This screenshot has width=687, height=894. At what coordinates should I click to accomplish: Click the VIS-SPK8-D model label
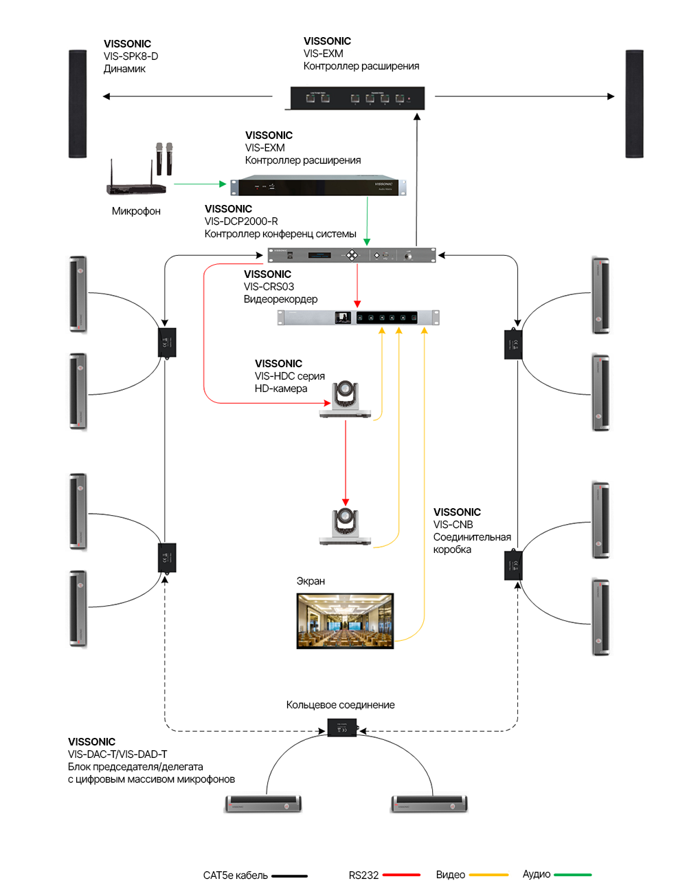click(x=131, y=56)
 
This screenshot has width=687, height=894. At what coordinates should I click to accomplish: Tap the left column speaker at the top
click(x=78, y=104)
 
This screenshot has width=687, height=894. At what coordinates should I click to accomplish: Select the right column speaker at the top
click(x=634, y=104)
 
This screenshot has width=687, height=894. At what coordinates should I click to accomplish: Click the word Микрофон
click(x=136, y=211)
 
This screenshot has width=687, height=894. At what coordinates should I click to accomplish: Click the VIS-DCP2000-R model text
click(x=241, y=221)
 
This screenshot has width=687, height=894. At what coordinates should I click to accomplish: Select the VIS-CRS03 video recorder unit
click(x=358, y=318)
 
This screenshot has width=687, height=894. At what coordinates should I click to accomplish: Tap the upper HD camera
click(x=345, y=400)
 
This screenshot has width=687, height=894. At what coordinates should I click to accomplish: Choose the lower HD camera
click(x=345, y=527)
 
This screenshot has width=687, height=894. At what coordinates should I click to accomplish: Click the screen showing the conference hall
click(x=345, y=621)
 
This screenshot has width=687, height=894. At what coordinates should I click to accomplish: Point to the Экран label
click(x=311, y=581)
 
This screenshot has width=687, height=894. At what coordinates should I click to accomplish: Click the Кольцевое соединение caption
click(x=340, y=705)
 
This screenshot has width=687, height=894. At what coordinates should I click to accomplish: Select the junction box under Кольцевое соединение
click(x=341, y=728)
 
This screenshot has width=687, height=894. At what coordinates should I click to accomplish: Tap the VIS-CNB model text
click(x=453, y=525)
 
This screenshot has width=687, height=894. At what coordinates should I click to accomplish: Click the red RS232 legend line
click(x=401, y=875)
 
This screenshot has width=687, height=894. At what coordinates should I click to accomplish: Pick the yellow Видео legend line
click(x=488, y=875)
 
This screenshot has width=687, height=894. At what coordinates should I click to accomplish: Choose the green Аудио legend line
click(x=572, y=875)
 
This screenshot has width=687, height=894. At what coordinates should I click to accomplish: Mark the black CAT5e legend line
click(x=289, y=876)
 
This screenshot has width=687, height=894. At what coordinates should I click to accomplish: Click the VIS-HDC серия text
click(x=289, y=376)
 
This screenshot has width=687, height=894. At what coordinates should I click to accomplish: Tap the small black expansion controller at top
click(x=357, y=98)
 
